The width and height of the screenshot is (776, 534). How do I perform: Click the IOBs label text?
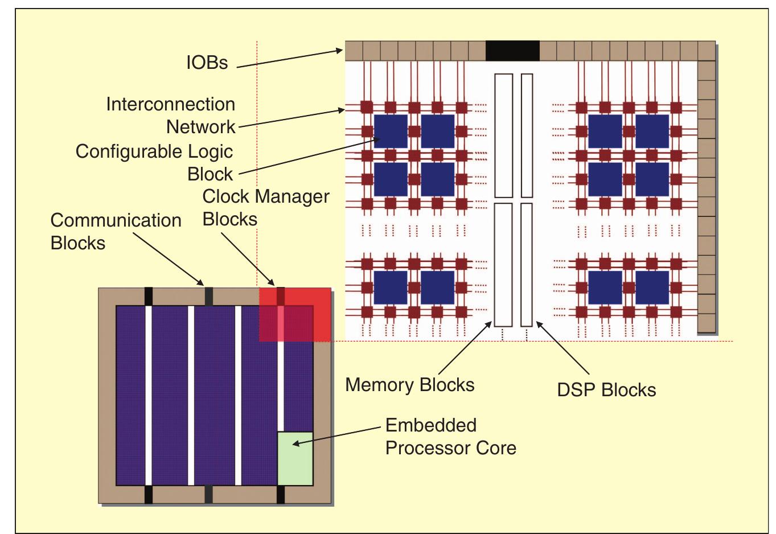207,62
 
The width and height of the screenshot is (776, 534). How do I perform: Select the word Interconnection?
170,104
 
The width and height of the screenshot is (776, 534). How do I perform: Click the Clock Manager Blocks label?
265,207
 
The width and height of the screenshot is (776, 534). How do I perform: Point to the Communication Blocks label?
116,231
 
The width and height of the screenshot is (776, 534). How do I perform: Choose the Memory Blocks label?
409,385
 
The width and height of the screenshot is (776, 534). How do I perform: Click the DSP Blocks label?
606,390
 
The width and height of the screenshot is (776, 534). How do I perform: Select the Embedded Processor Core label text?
450,437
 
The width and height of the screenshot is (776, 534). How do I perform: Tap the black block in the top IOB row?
512,51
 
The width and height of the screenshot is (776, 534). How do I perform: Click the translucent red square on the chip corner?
295,315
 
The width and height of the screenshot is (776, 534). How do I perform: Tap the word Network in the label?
200,127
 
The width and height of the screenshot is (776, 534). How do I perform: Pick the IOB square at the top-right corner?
706,51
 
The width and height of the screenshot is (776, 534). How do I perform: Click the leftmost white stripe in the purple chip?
149,396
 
